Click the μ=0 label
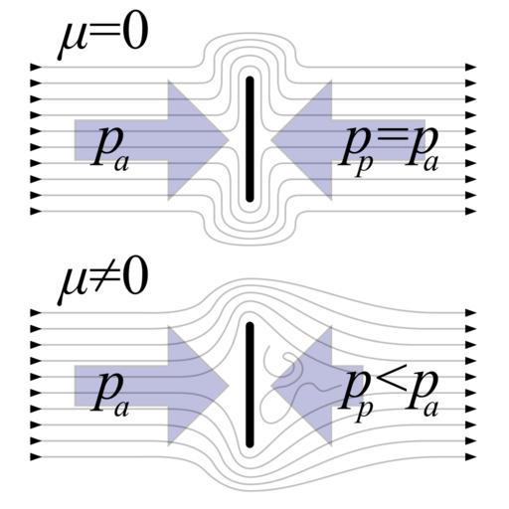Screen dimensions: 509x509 pos(102,40)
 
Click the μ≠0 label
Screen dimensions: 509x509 pos(102,285)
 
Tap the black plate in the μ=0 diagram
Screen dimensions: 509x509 pos(250,139)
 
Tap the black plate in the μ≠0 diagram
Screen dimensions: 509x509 pos(250,385)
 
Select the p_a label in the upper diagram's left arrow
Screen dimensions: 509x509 pos(109,151)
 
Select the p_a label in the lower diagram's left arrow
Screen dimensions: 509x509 pos(109,396)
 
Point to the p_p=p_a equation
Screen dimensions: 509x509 pos(389,152)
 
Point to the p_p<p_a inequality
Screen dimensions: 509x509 pos(389,397)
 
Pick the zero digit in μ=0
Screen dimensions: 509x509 pos(134,36)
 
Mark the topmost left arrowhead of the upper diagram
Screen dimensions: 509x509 pos(36,67)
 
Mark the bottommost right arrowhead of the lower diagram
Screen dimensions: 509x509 pos(470,457)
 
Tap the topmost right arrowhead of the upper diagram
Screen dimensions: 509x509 pos(470,67)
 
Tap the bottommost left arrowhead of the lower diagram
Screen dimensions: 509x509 pos(36,457)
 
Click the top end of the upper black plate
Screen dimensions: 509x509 pos(250,78)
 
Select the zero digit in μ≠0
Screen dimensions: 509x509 pos(134,280)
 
